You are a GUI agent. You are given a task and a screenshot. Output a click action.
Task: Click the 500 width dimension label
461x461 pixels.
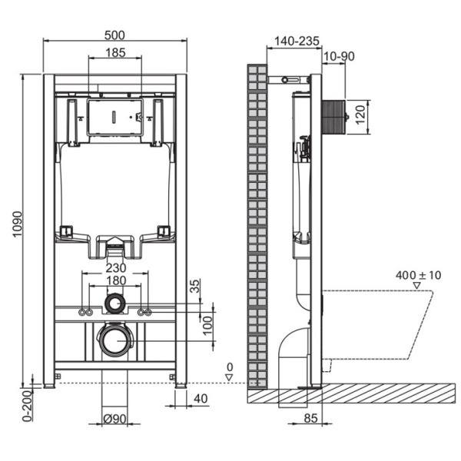(115, 35)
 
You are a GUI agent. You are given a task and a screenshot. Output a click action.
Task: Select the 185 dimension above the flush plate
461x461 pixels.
(115, 53)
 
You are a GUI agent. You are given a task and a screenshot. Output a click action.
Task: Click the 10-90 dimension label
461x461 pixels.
(339, 57)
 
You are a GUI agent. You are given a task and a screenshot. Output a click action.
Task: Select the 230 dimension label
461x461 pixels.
(115, 268)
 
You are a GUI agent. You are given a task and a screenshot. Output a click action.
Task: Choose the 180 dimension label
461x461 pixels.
(115, 280)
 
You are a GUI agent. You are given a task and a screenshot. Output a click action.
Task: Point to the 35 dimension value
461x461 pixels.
(194, 286)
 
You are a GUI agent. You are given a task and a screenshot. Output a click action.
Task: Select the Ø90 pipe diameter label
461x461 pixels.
(115, 419)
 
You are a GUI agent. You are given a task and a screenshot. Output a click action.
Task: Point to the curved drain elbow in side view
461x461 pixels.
(294, 350)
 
